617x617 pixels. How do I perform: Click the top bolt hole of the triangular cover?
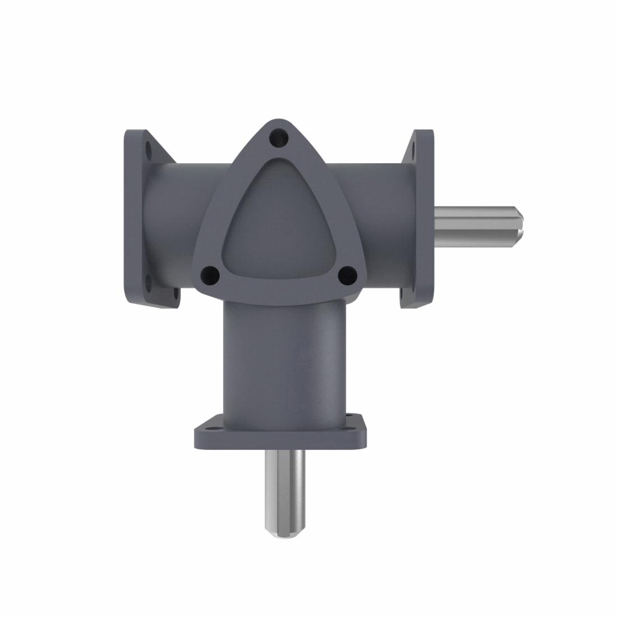pos(279,136)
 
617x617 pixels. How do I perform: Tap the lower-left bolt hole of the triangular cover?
pos(209,274)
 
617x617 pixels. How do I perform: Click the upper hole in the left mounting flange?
pos(149,151)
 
